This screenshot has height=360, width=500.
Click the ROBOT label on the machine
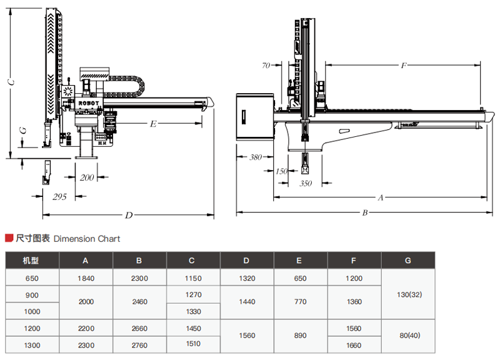point(88,102)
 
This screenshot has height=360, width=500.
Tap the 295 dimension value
point(59,196)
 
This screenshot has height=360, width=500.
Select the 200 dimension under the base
point(87,177)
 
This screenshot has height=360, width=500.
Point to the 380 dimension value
point(256,157)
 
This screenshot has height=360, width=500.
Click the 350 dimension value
point(305,183)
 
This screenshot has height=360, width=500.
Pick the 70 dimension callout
point(266,65)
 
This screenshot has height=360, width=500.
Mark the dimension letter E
point(152,124)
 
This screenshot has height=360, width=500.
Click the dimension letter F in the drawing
point(404,65)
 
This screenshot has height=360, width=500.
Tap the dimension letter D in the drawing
point(128,215)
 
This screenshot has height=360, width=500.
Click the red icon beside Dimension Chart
point(9,238)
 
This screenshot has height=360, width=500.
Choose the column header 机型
point(31,260)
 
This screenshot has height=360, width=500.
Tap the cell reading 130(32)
point(408,294)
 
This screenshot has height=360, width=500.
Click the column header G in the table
point(408,260)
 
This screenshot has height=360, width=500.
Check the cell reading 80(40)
point(408,335)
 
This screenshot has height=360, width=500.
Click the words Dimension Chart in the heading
point(87,239)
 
